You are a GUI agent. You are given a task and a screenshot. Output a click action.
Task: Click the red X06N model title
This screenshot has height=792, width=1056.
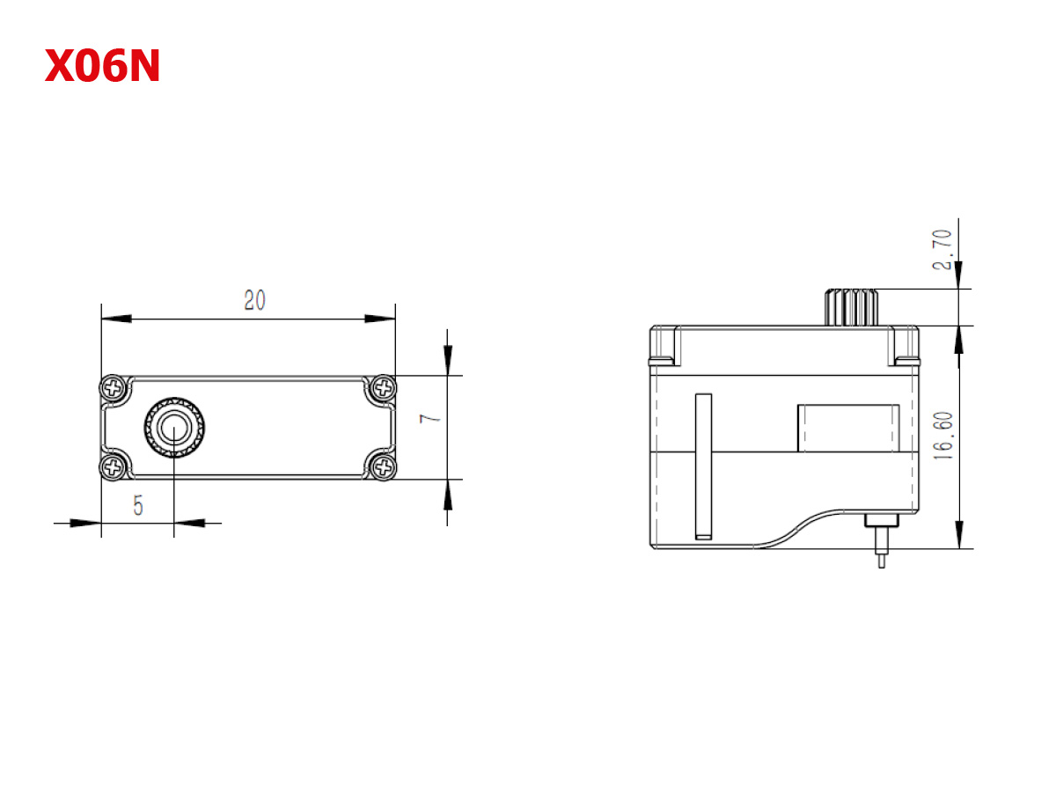tap(102, 67)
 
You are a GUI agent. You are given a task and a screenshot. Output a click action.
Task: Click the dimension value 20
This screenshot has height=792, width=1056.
tap(255, 300)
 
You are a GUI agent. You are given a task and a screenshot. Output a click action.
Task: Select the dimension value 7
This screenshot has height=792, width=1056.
tap(430, 418)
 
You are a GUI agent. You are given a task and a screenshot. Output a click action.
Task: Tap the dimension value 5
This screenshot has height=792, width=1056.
tap(138, 505)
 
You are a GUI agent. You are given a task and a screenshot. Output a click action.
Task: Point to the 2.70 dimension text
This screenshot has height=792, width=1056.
tap(942, 249)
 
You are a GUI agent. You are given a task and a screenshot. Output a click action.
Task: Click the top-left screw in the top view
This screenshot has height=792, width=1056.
tap(114, 386)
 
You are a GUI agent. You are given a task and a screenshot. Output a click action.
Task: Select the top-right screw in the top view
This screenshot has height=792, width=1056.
tap(384, 386)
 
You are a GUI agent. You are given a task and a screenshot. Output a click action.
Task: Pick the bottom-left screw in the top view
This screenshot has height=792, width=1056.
tap(114, 467)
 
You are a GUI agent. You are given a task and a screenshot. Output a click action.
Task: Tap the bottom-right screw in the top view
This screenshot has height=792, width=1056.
tap(384, 467)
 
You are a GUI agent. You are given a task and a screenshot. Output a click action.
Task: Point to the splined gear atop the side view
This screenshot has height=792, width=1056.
tap(852, 307)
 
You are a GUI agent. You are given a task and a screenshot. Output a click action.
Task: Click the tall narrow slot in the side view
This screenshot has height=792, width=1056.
tap(702, 466)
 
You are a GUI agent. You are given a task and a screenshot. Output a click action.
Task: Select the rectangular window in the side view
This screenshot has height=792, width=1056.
tap(847, 428)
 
